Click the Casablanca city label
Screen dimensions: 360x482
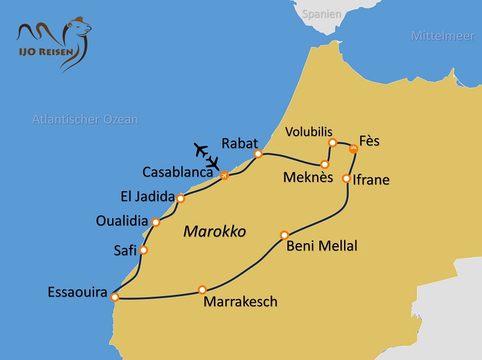(x=178, y=172)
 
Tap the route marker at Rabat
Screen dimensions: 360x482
(x=258, y=154)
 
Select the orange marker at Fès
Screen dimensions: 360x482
(x=354, y=149)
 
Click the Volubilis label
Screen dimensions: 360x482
(x=309, y=131)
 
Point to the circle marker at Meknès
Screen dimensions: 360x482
(x=325, y=164)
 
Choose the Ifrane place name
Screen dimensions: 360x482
(x=372, y=180)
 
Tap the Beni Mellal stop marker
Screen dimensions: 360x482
(x=285, y=235)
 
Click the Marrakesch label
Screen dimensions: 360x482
(x=240, y=302)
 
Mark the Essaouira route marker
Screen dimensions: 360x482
(x=115, y=297)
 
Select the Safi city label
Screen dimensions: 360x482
(x=125, y=251)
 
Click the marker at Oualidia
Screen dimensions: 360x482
(x=156, y=223)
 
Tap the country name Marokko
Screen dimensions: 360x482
(x=214, y=232)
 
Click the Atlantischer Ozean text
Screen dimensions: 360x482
(x=85, y=119)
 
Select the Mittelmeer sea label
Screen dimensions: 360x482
(x=443, y=36)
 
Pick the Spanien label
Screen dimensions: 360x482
(x=322, y=13)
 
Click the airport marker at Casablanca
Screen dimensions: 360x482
(x=224, y=175)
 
